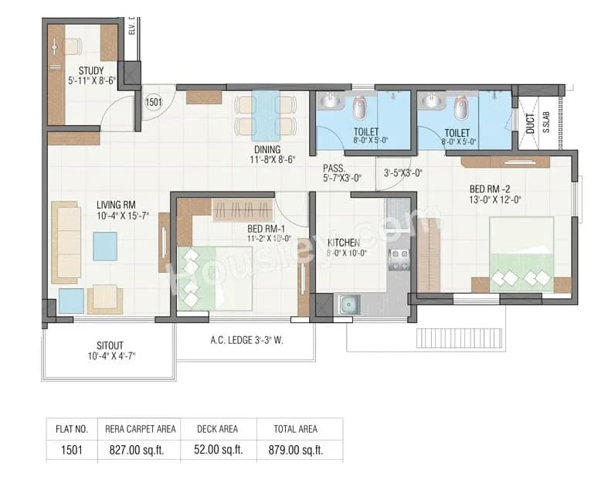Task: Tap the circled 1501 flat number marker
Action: pos(153,102)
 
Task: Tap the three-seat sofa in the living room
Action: pos(66,243)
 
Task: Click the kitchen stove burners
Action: pos(399,259)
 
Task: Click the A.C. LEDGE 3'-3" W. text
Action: pos(245,338)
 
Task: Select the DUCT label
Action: pos(530,124)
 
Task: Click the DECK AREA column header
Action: pos(218,428)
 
